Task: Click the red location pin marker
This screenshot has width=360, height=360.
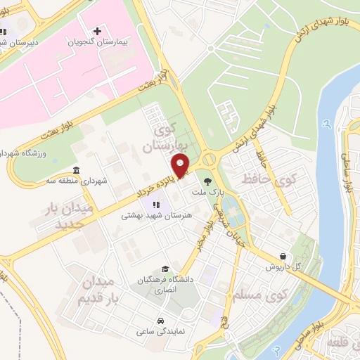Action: (181, 167)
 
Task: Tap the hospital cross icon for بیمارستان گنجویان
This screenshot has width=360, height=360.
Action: (97, 32)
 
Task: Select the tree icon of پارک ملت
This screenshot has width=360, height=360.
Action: (207, 181)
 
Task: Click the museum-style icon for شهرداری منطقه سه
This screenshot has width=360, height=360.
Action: (77, 169)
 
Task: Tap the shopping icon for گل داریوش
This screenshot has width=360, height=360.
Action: (283, 256)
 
